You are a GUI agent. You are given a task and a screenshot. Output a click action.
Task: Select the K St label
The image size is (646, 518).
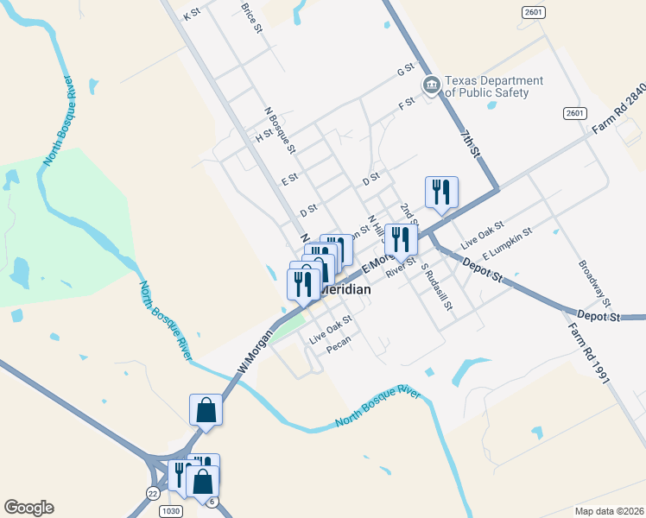click(192, 15)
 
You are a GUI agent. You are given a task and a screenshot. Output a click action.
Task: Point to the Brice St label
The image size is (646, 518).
click(251, 16)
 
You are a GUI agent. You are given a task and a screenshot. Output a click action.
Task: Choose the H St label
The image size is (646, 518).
click(263, 136)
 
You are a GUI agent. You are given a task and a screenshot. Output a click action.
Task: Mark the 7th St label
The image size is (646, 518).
click(471, 144)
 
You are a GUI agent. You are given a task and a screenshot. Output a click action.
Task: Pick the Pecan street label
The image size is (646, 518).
click(339, 350)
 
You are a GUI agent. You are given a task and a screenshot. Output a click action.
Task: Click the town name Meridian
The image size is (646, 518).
click(346, 290)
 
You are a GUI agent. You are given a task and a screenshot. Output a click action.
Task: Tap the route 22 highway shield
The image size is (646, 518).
click(153, 493)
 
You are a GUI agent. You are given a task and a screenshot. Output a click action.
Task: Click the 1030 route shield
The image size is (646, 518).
click(172, 511)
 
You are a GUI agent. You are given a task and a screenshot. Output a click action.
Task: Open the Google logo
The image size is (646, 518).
click(28, 508)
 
